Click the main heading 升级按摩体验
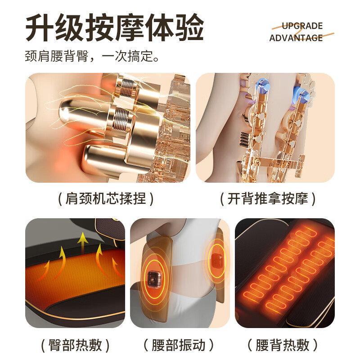click(115, 28)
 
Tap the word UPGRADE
click(302, 26)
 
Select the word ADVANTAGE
click(296, 38)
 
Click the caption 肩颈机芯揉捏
click(106, 198)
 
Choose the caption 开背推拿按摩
click(268, 198)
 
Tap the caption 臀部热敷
click(75, 345)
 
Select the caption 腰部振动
click(179, 345)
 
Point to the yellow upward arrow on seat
click(82, 243)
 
